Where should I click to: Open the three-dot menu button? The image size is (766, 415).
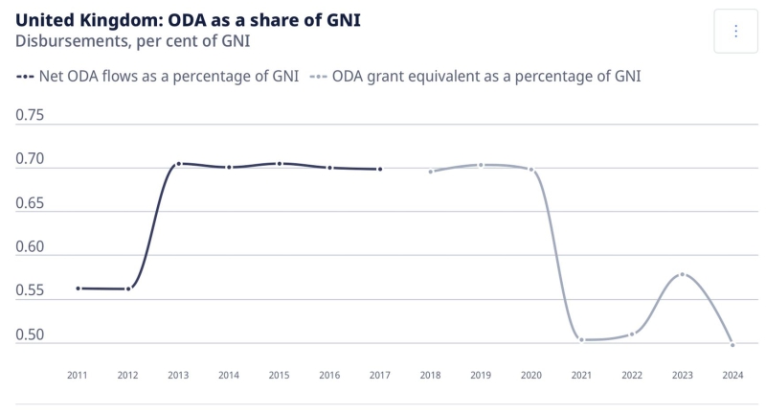tap(735, 32)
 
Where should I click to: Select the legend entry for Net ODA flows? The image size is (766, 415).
tap(158, 77)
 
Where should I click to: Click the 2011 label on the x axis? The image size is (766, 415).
tap(78, 376)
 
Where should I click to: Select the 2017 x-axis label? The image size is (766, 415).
tap(380, 376)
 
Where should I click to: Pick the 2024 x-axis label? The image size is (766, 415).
tap(732, 376)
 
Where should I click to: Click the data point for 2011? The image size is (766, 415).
tap(78, 288)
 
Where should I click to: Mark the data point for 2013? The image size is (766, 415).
tap(178, 164)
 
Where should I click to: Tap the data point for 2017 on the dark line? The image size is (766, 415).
tap(380, 169)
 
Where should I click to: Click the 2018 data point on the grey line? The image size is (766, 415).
tap(431, 172)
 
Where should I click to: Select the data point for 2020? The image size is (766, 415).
tap(531, 170)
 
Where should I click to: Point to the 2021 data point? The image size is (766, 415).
tap(581, 339)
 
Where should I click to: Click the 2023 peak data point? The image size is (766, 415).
tap(682, 274)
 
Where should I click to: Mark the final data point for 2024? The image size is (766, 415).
tap(732, 344)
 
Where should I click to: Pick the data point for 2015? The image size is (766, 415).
tap(279, 164)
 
